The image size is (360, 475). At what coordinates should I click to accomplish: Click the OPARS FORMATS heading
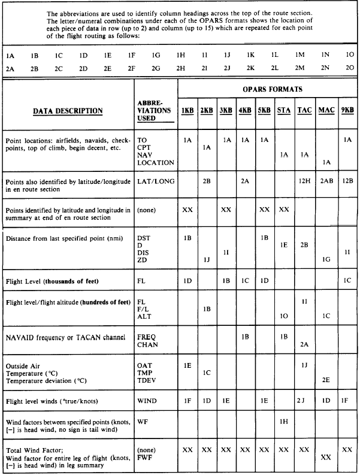pyautogui.click(x=267, y=89)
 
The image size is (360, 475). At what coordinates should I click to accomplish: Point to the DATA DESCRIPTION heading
pyautogui.click(x=68, y=111)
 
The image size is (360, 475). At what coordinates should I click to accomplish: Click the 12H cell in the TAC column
pyautogui.click(x=304, y=180)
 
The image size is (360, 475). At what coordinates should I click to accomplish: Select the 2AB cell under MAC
pyautogui.click(x=326, y=180)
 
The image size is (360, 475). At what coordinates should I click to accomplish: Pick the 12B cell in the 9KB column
pyautogui.click(x=348, y=180)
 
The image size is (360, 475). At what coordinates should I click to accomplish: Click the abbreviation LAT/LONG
pyautogui.click(x=155, y=180)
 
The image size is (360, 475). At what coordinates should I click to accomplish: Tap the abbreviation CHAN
pyautogui.click(x=147, y=345)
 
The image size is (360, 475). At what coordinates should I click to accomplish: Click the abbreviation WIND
pyautogui.click(x=147, y=398)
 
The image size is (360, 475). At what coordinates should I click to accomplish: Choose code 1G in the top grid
pyautogui.click(x=157, y=55)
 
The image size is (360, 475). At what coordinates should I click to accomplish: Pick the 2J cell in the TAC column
pyautogui.click(x=304, y=398)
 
